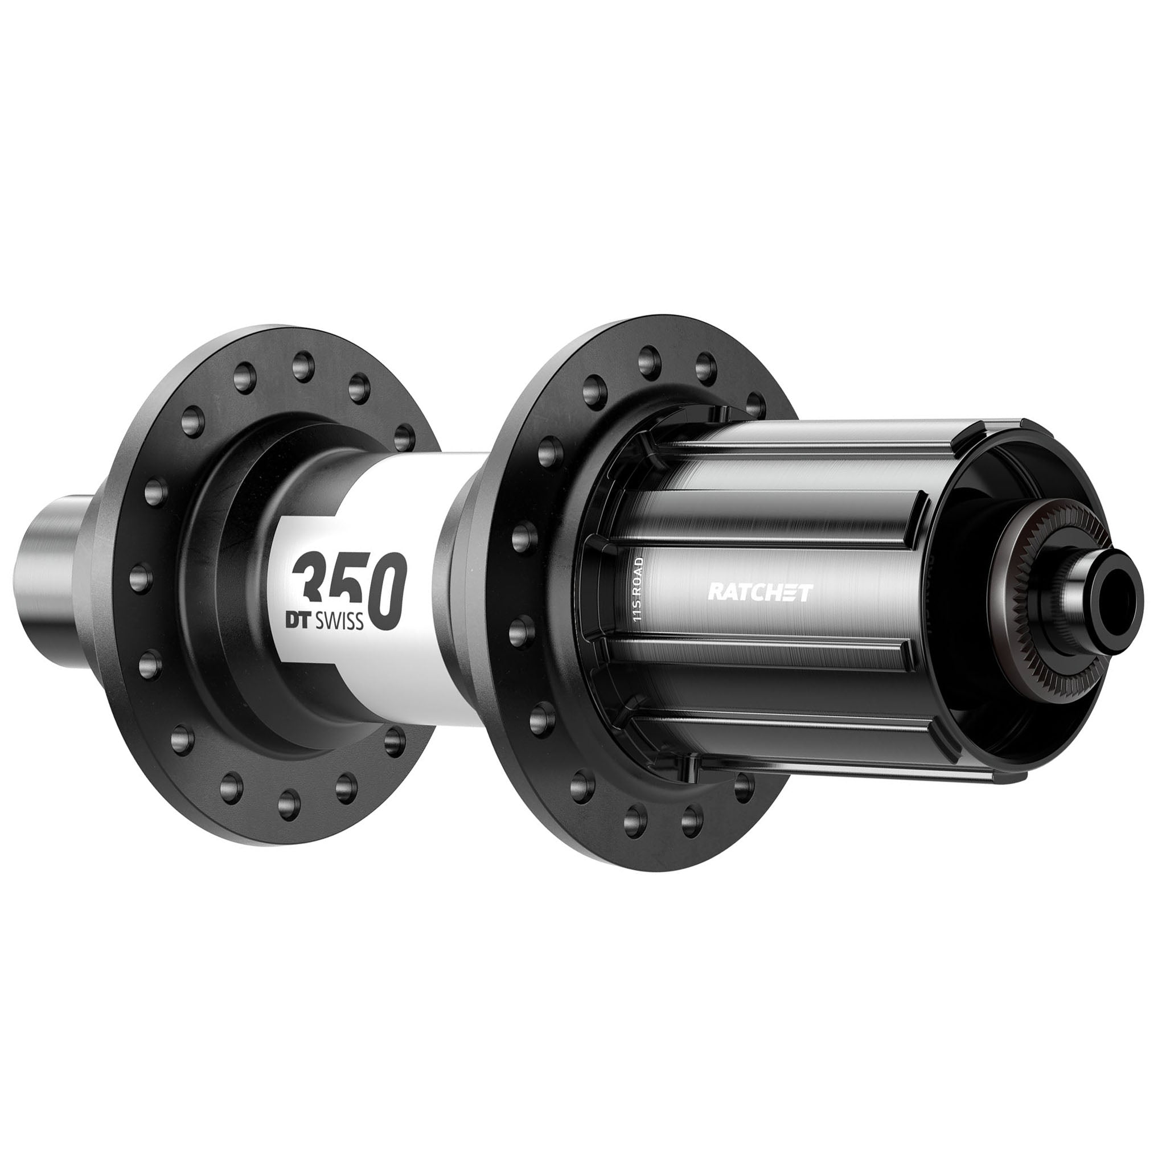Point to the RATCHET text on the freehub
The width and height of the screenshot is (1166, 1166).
(x=760, y=593)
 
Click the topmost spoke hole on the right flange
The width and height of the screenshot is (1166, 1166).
(x=651, y=354)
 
